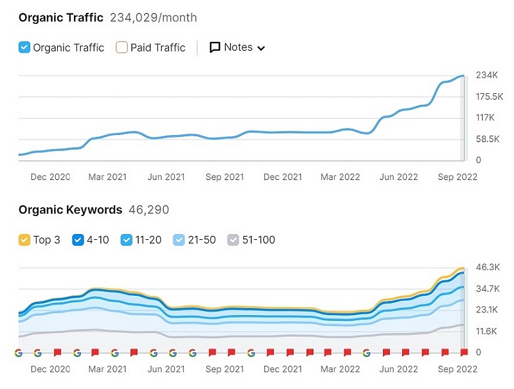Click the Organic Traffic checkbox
pos(24,47)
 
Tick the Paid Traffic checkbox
pos(121,47)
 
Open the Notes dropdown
pos(237,47)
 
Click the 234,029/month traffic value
pos(154,17)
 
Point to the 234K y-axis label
pos(486,75)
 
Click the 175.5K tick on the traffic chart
pos(490,96)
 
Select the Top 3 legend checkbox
pos(24,240)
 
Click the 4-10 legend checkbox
pos(78,240)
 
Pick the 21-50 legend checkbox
pos(179,240)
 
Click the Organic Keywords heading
pos(70,210)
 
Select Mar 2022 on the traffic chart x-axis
pos(341,177)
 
